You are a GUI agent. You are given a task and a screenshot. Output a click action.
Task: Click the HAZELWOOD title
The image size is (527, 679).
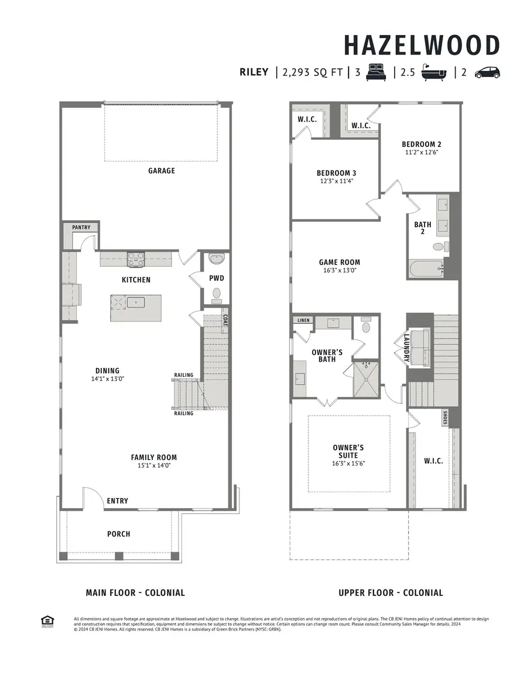pos(422,46)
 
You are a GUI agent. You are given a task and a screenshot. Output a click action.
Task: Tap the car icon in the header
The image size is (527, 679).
pos(487,73)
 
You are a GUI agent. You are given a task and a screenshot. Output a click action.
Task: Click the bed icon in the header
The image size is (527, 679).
pos(377,73)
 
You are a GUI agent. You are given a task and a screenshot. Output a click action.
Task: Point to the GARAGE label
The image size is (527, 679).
pos(161,171)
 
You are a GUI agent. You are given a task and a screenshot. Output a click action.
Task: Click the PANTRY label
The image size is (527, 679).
pos(81,227)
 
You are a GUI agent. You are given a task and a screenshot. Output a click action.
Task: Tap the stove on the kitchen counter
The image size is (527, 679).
pos(136,258)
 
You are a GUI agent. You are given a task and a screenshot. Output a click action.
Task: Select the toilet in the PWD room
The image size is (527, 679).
pos(217,293)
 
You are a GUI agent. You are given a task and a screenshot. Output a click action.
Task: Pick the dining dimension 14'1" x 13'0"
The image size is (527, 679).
pos(107,379)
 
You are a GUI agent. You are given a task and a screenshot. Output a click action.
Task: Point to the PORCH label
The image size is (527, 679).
pos(118,534)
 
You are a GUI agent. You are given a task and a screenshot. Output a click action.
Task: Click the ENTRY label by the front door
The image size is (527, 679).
pos(117,501)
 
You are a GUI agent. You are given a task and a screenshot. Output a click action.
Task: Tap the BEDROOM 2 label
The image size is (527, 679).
pos(421,144)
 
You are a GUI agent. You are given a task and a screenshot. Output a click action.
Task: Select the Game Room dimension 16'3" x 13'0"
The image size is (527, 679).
pos(339,271)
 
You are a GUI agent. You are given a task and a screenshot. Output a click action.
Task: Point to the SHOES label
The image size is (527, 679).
pos(445,417)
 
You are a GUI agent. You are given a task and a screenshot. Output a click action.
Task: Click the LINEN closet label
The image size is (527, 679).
pos(303,321)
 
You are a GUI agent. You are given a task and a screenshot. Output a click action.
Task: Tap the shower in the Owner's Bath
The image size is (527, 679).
pos(365,379)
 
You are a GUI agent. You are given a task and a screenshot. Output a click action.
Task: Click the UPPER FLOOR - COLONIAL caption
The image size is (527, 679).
pos(391,592)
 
